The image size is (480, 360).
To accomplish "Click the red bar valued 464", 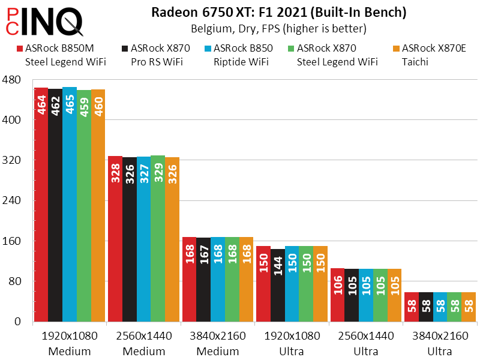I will [41, 205].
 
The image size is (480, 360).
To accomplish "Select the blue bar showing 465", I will [70, 205].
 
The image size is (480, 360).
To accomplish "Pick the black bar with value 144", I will [278, 285].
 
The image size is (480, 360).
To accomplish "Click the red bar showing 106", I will [337, 295].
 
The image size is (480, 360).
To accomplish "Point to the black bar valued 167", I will [203, 280].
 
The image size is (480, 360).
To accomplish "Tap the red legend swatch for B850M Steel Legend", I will [20, 49].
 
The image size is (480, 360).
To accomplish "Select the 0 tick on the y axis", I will [18, 322].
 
